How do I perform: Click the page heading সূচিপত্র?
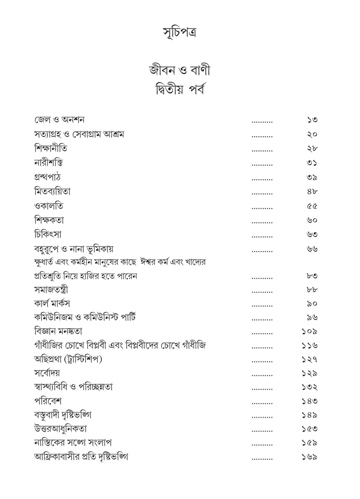[180, 33]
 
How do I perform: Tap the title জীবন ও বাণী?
[180, 71]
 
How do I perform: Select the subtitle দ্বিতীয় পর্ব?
[180, 91]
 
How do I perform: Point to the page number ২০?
[312, 134]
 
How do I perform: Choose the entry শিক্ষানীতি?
[53, 149]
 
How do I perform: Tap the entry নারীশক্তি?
[48, 163]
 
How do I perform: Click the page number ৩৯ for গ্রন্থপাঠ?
[312, 177]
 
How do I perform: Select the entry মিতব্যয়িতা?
[52, 191]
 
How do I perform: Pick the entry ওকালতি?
[48, 206]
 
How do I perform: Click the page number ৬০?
[312, 220]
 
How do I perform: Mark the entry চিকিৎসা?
[48, 234]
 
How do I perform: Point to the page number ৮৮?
[312, 290]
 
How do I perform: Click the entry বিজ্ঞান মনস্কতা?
[58, 331]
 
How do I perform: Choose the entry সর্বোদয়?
[47, 373]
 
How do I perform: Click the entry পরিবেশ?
[48, 401]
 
